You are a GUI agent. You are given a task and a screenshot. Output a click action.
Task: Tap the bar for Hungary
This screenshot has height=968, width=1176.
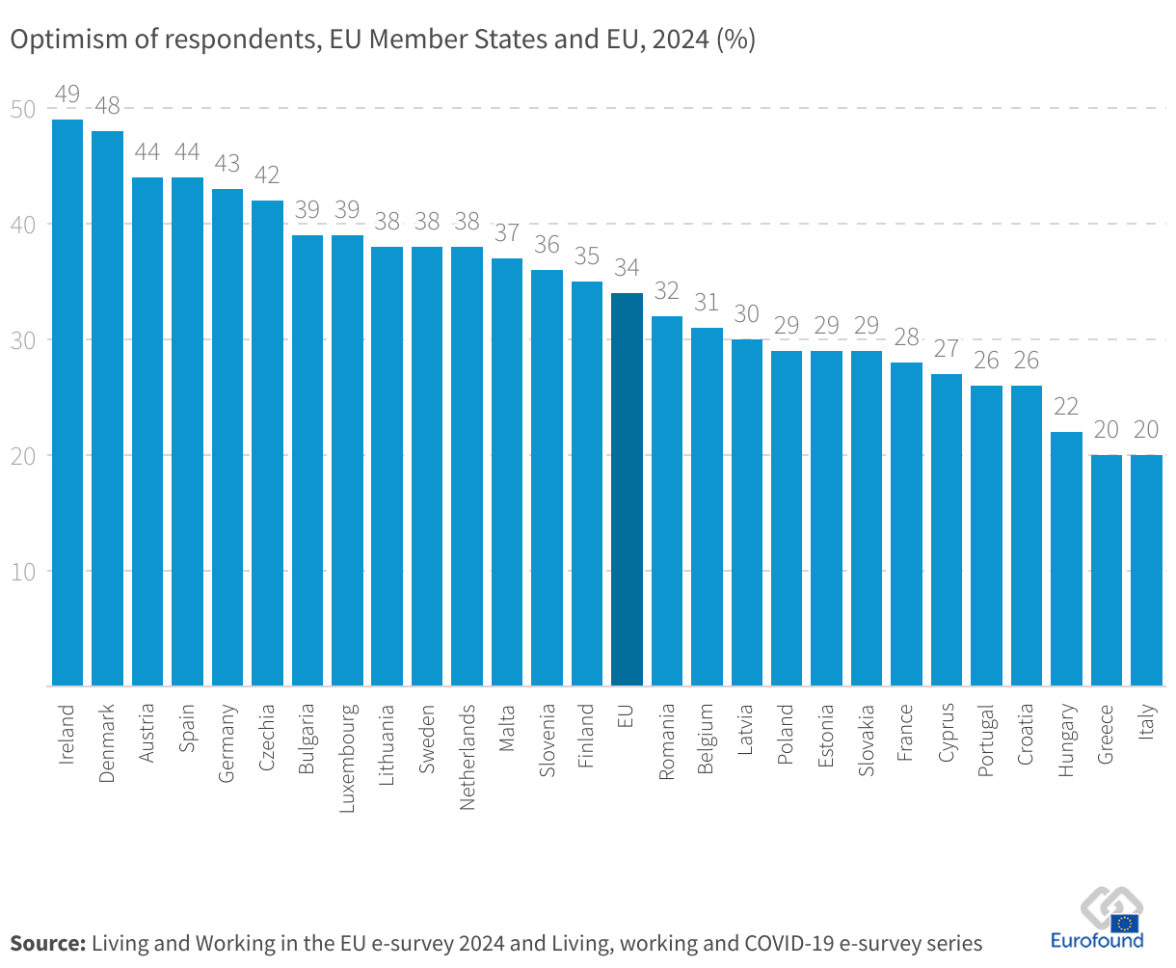pyautogui.click(x=1066, y=559)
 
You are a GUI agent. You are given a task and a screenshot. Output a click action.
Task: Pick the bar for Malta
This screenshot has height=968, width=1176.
pyautogui.click(x=507, y=472)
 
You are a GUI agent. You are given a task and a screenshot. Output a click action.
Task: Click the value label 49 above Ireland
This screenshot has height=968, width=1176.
pyautogui.click(x=67, y=94)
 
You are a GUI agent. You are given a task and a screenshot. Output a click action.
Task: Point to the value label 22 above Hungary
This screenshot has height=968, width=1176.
pyautogui.click(x=1066, y=407)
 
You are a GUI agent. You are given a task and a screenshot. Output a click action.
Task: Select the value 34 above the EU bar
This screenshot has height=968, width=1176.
pyautogui.click(x=627, y=268)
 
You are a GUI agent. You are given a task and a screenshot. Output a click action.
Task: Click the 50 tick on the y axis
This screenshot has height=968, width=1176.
pyautogui.click(x=23, y=109)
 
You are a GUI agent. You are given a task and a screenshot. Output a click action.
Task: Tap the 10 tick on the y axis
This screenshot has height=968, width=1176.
pyautogui.click(x=23, y=571)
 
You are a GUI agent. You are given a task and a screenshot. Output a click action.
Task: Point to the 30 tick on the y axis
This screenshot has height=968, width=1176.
pyautogui.click(x=23, y=340)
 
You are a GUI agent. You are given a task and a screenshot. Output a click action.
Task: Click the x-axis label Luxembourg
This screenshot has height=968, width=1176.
pyautogui.click(x=348, y=758)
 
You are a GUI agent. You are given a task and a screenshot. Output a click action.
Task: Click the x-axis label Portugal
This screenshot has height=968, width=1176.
pyautogui.click(x=986, y=740)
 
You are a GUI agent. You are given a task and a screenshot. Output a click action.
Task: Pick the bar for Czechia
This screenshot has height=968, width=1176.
pyautogui.click(x=267, y=444)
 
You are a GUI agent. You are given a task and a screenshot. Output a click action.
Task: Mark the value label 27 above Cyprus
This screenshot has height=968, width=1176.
pyautogui.click(x=947, y=349)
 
